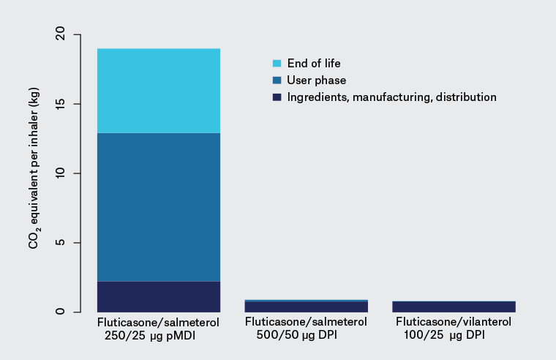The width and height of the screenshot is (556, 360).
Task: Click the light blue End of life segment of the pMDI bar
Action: coord(159,90)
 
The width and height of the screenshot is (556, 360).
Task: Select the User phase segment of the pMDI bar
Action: coord(159,206)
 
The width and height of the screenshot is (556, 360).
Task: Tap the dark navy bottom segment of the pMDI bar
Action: coord(159,296)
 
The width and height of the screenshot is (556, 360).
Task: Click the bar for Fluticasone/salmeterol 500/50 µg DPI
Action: coord(307,306)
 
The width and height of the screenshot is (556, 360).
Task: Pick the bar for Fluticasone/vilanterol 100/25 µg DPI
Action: coord(454,306)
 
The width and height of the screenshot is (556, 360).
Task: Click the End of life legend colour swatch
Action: coord(277,63)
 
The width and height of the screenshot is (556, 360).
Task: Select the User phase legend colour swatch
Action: coord(277,80)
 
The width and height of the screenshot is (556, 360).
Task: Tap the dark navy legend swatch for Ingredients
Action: coord(277,97)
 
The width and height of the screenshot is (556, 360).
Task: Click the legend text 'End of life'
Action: coord(314,63)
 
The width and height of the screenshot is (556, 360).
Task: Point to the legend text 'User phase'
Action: coord(317,80)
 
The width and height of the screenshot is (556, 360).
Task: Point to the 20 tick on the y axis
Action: coord(59,34)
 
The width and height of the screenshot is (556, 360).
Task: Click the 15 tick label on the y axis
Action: coord(59,104)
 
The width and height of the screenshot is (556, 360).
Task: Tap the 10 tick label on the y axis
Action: coord(59,173)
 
